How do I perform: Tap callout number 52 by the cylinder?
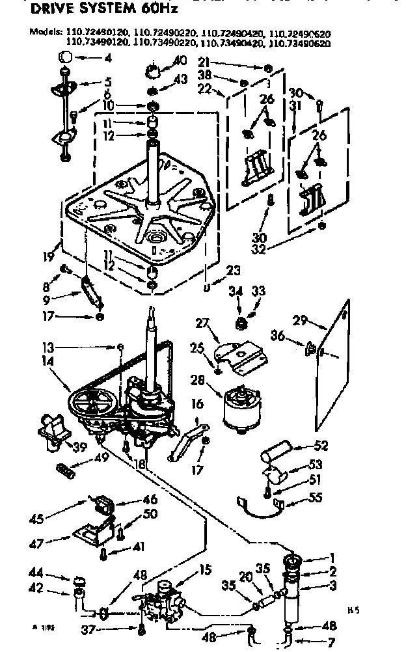[x=319, y=446]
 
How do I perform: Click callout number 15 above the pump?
[x=206, y=571]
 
